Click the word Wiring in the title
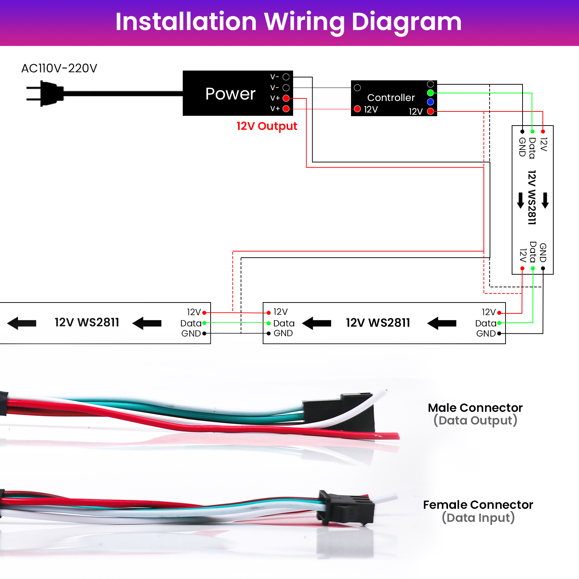(x=304, y=22)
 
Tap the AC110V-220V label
(x=59, y=68)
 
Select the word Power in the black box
(x=230, y=94)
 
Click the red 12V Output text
(x=267, y=126)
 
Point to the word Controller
(x=391, y=98)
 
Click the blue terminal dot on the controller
(x=430, y=102)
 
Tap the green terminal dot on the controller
(x=430, y=93)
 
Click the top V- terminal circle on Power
(x=286, y=77)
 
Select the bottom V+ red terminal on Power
(x=286, y=109)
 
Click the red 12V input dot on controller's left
(x=357, y=109)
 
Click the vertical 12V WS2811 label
(x=531, y=198)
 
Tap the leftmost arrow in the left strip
(x=22, y=323)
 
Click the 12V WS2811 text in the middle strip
(x=378, y=323)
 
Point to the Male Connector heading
(x=475, y=408)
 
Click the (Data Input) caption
(x=478, y=517)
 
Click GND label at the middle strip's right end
(x=486, y=334)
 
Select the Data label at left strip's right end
(x=191, y=323)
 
